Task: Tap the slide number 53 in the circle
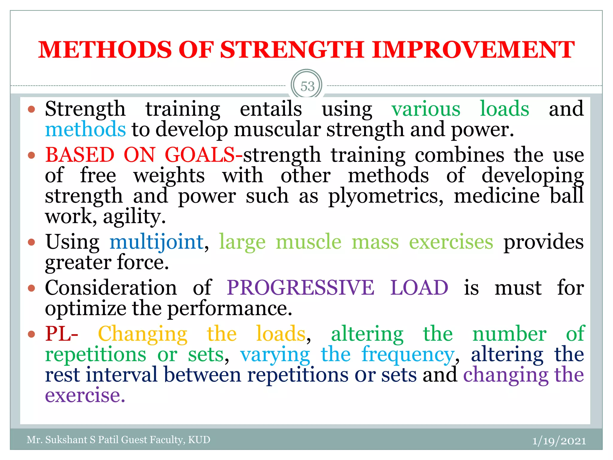pos(307,87)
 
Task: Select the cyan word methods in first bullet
pos(85,129)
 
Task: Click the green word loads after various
pos(504,109)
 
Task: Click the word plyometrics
pos(386,196)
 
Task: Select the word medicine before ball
pos(497,196)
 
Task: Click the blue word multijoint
pos(157,242)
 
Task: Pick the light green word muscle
pos(308,242)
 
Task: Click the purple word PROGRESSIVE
pos(300,288)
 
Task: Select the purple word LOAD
pos(419,288)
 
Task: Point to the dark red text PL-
pos(62,334)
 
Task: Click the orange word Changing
pos(143,334)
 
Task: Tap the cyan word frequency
pos(408,355)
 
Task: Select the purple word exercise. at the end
pos(85,395)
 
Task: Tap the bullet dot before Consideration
pos(31,288)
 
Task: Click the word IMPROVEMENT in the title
pos(473,50)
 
